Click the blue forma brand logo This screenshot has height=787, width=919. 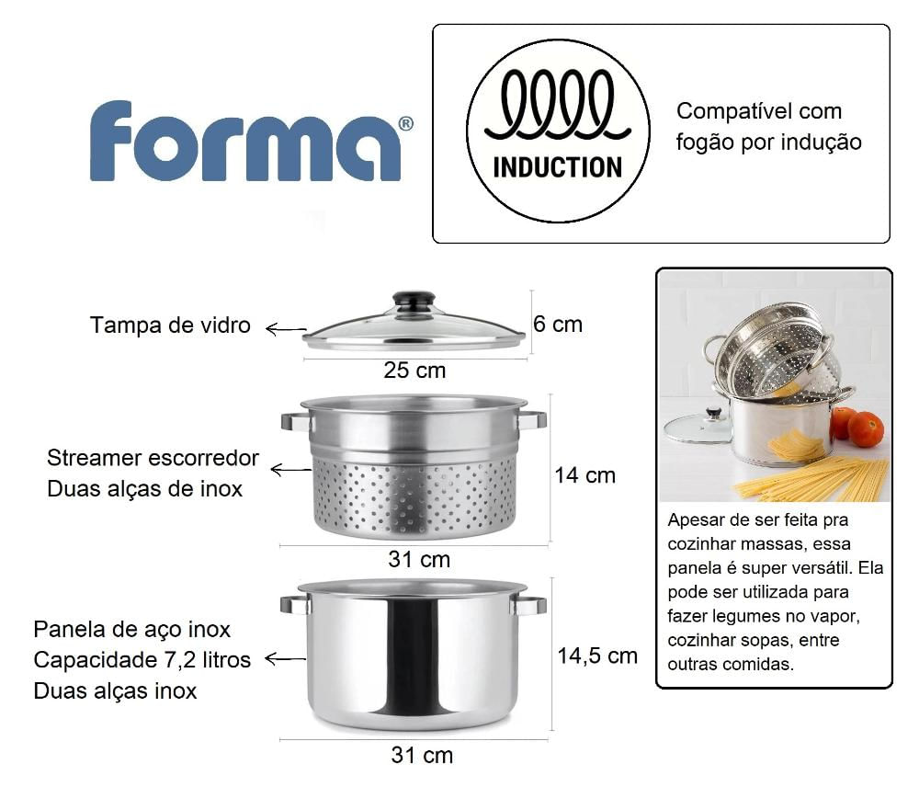click(251, 141)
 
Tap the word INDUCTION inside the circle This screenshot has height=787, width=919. click(558, 167)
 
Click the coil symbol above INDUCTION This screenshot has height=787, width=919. click(558, 105)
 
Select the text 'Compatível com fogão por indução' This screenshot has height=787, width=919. click(768, 127)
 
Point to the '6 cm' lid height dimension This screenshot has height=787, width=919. click(558, 325)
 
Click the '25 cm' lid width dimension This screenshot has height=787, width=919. click(414, 370)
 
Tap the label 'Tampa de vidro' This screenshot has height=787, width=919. click(170, 325)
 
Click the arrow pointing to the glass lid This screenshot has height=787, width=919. click(286, 329)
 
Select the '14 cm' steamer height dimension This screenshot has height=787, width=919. click(584, 475)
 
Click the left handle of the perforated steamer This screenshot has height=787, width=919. click(295, 421)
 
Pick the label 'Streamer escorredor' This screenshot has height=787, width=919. click(153, 458)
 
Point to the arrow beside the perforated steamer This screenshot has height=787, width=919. click(290, 469)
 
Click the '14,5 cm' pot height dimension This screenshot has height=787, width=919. click(597, 656)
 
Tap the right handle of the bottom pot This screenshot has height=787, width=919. click(529, 605)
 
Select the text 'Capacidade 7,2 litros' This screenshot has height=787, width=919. click(142, 660)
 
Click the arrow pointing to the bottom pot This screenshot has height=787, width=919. click(286, 658)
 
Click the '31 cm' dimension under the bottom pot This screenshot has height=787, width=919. click(422, 755)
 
